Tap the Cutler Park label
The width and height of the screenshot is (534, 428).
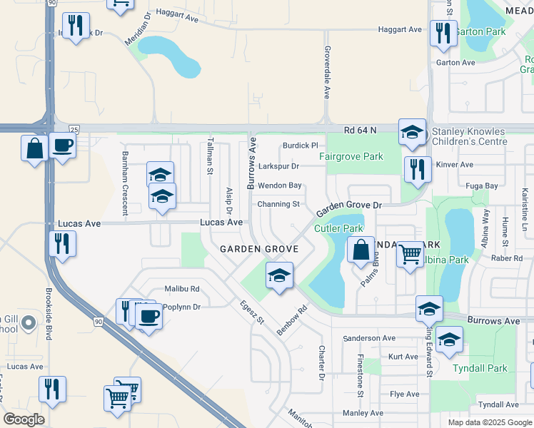(x=339, y=229)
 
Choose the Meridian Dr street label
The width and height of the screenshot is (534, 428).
(x=138, y=29)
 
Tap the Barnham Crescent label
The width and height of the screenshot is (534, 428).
(x=124, y=192)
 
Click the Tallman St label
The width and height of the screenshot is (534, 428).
(x=211, y=156)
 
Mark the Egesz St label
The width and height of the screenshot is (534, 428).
(x=251, y=311)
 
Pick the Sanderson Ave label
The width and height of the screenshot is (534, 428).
(x=369, y=338)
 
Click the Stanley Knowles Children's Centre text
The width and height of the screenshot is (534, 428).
(x=469, y=136)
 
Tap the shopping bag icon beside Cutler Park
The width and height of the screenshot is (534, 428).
(x=361, y=249)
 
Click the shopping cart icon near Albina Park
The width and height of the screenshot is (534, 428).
(x=410, y=253)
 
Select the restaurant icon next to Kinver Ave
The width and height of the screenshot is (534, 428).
(x=417, y=168)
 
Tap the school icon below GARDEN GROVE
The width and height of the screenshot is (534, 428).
(x=279, y=274)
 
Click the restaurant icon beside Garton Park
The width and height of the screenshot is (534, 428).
(x=443, y=32)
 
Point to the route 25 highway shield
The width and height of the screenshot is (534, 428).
(x=74, y=128)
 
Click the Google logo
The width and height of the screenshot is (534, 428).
(x=24, y=419)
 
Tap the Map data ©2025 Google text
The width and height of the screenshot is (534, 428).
(x=489, y=422)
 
